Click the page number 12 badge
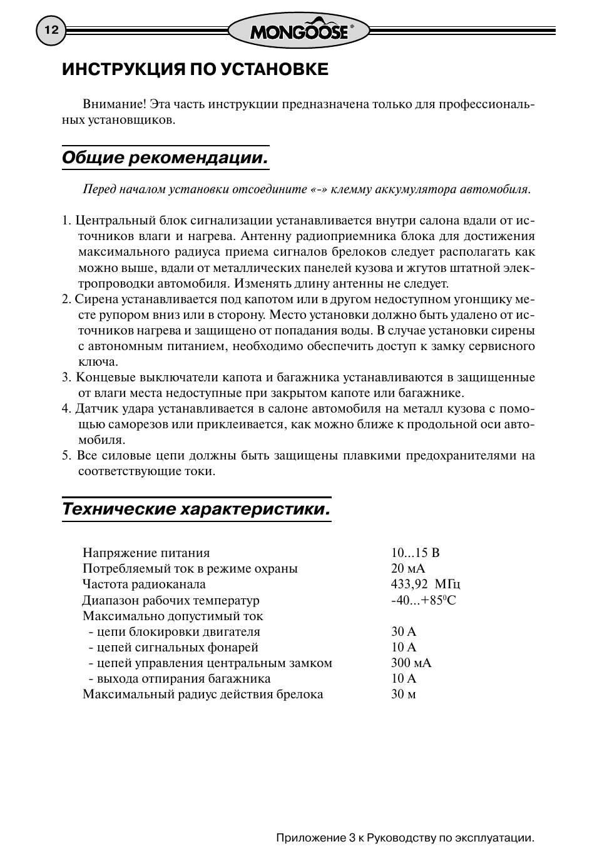51,31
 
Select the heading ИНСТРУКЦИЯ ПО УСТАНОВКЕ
195,69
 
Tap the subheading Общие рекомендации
165,158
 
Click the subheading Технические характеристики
196,509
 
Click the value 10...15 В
416,553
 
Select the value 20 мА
408,568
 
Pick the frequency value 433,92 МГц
426,585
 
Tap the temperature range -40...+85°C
424,600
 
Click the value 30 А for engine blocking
404,631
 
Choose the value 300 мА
411,663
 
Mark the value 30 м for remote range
404,694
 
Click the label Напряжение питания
146,553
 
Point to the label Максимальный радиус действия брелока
203,694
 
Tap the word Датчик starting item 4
96,409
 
